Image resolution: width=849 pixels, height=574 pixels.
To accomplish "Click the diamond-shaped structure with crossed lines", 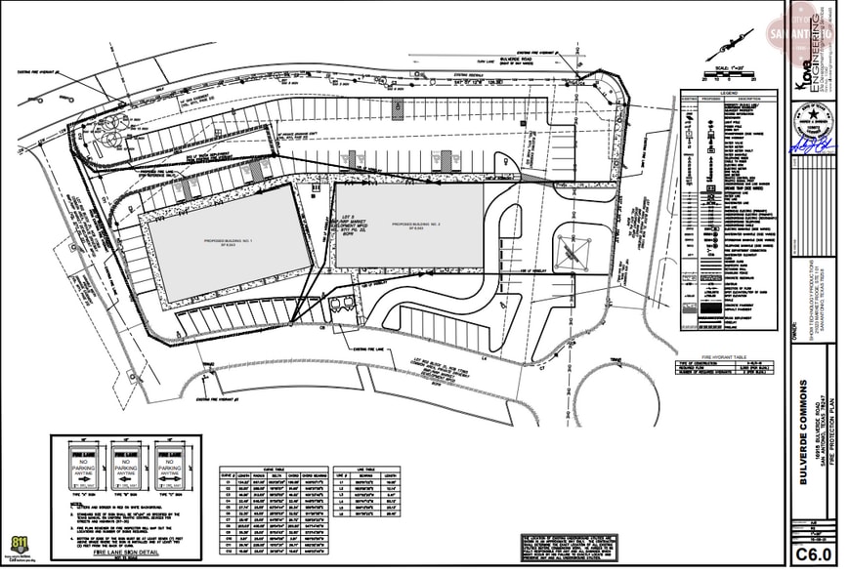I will [x=573, y=250].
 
